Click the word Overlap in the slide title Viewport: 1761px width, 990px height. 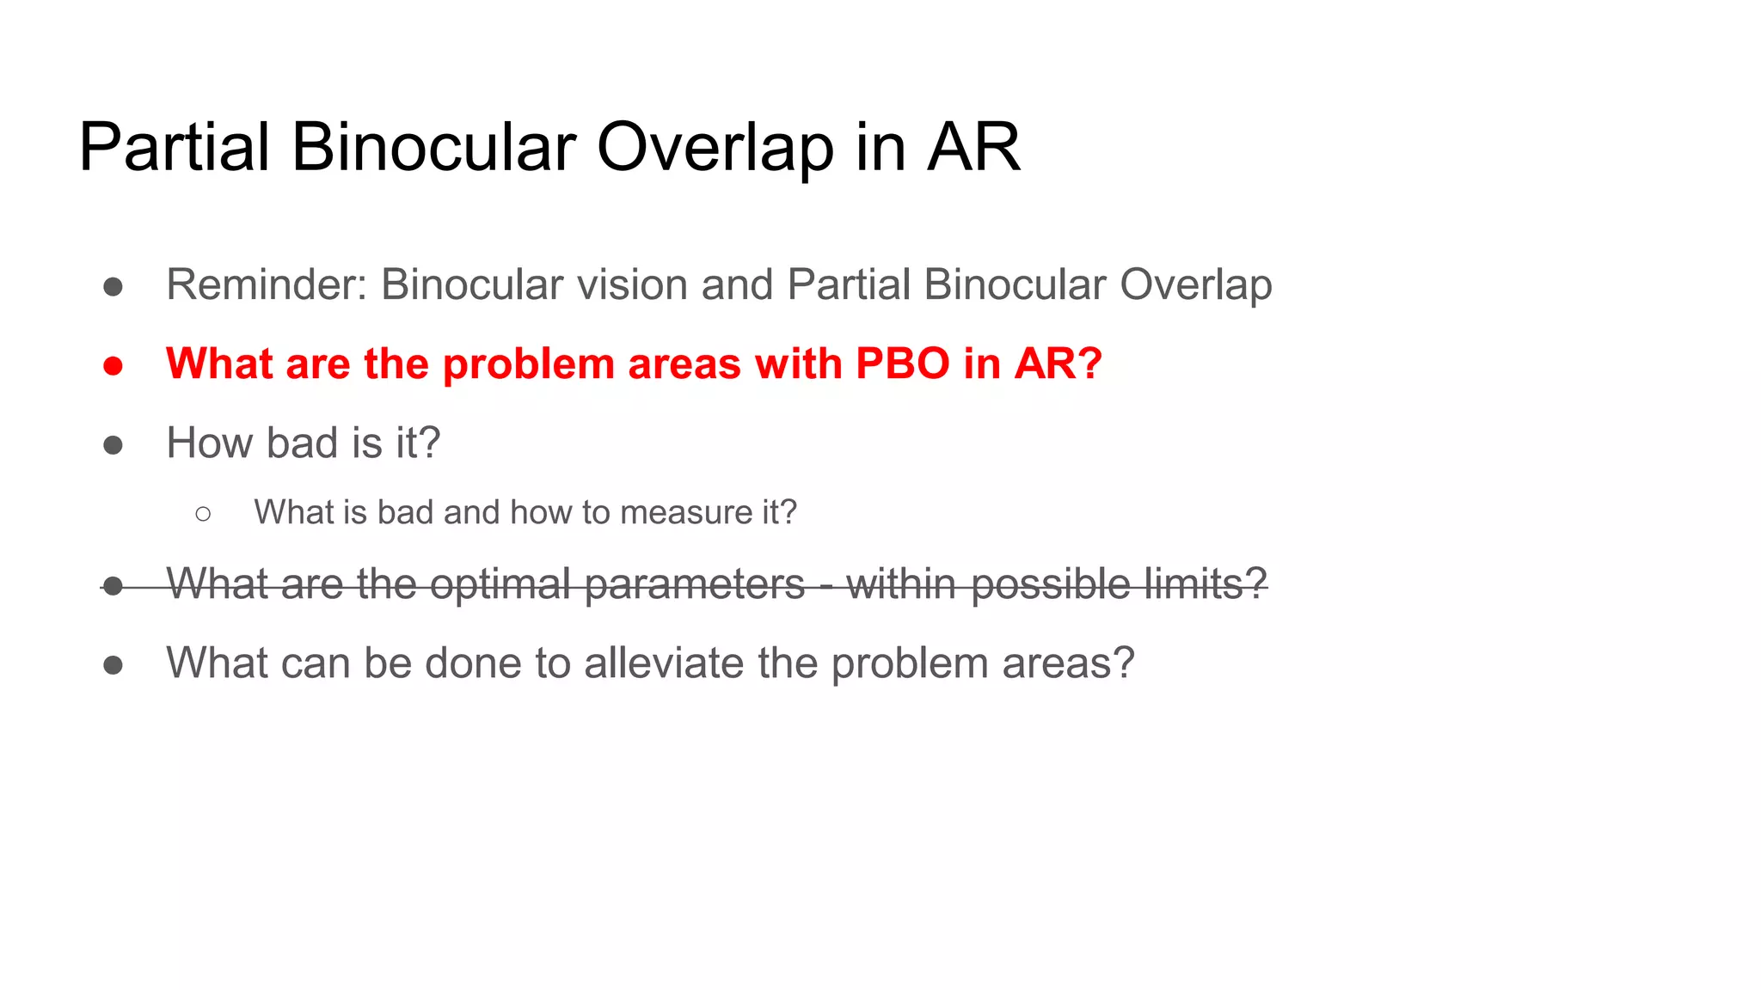coord(715,148)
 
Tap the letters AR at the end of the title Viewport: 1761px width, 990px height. coord(973,148)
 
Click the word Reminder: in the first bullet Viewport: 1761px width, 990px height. coord(267,284)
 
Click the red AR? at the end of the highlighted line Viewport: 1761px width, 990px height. coord(1058,364)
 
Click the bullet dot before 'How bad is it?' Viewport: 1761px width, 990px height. coord(113,445)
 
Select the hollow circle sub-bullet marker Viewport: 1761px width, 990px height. coord(203,514)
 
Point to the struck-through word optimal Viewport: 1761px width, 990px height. coord(500,584)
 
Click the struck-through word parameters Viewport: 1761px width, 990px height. coord(695,584)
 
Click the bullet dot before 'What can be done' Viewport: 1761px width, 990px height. coord(113,665)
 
